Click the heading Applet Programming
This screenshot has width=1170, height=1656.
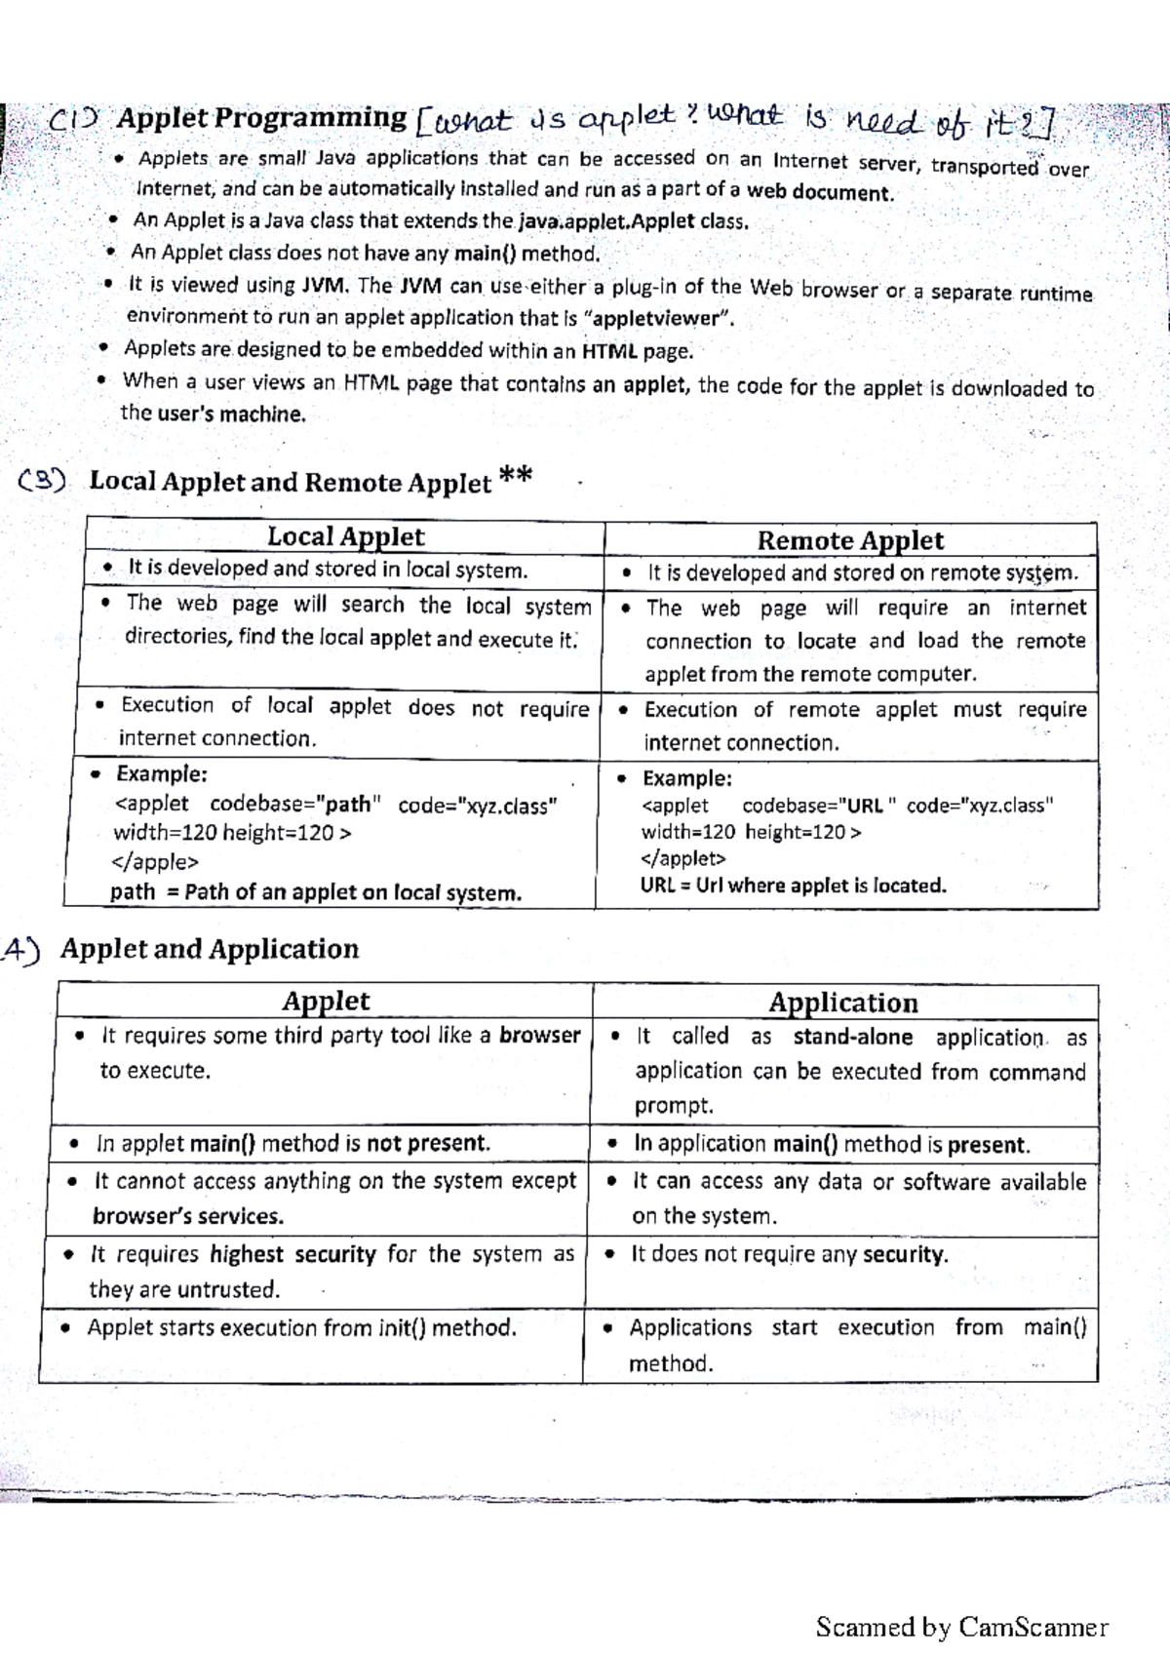point(261,119)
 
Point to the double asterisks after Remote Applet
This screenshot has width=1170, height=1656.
point(515,477)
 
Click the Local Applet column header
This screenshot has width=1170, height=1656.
point(345,536)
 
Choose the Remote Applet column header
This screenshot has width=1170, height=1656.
point(850,540)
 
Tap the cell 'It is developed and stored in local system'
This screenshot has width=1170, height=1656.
point(327,569)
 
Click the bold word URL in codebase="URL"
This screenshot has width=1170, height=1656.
point(864,806)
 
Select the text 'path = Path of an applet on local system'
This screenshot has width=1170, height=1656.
point(315,892)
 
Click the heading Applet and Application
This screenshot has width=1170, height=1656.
point(210,949)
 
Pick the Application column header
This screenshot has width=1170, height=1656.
point(843,1003)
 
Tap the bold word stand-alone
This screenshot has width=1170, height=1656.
point(852,1037)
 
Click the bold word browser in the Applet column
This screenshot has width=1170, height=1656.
point(539,1035)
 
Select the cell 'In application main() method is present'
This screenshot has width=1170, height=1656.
point(831,1144)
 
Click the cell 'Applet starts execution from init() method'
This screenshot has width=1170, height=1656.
point(301,1328)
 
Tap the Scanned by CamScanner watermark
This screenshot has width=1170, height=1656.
point(961,1627)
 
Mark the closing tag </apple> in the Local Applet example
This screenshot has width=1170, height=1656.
point(156,862)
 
